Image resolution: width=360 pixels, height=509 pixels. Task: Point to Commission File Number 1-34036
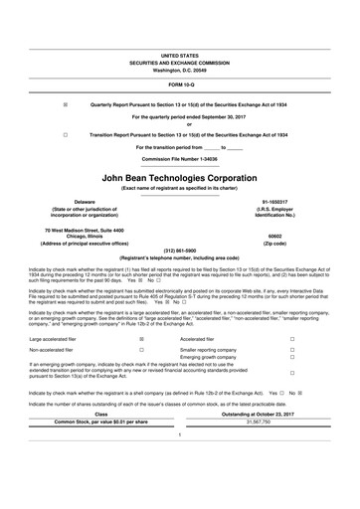180,158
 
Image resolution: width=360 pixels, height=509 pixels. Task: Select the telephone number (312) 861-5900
180,250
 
